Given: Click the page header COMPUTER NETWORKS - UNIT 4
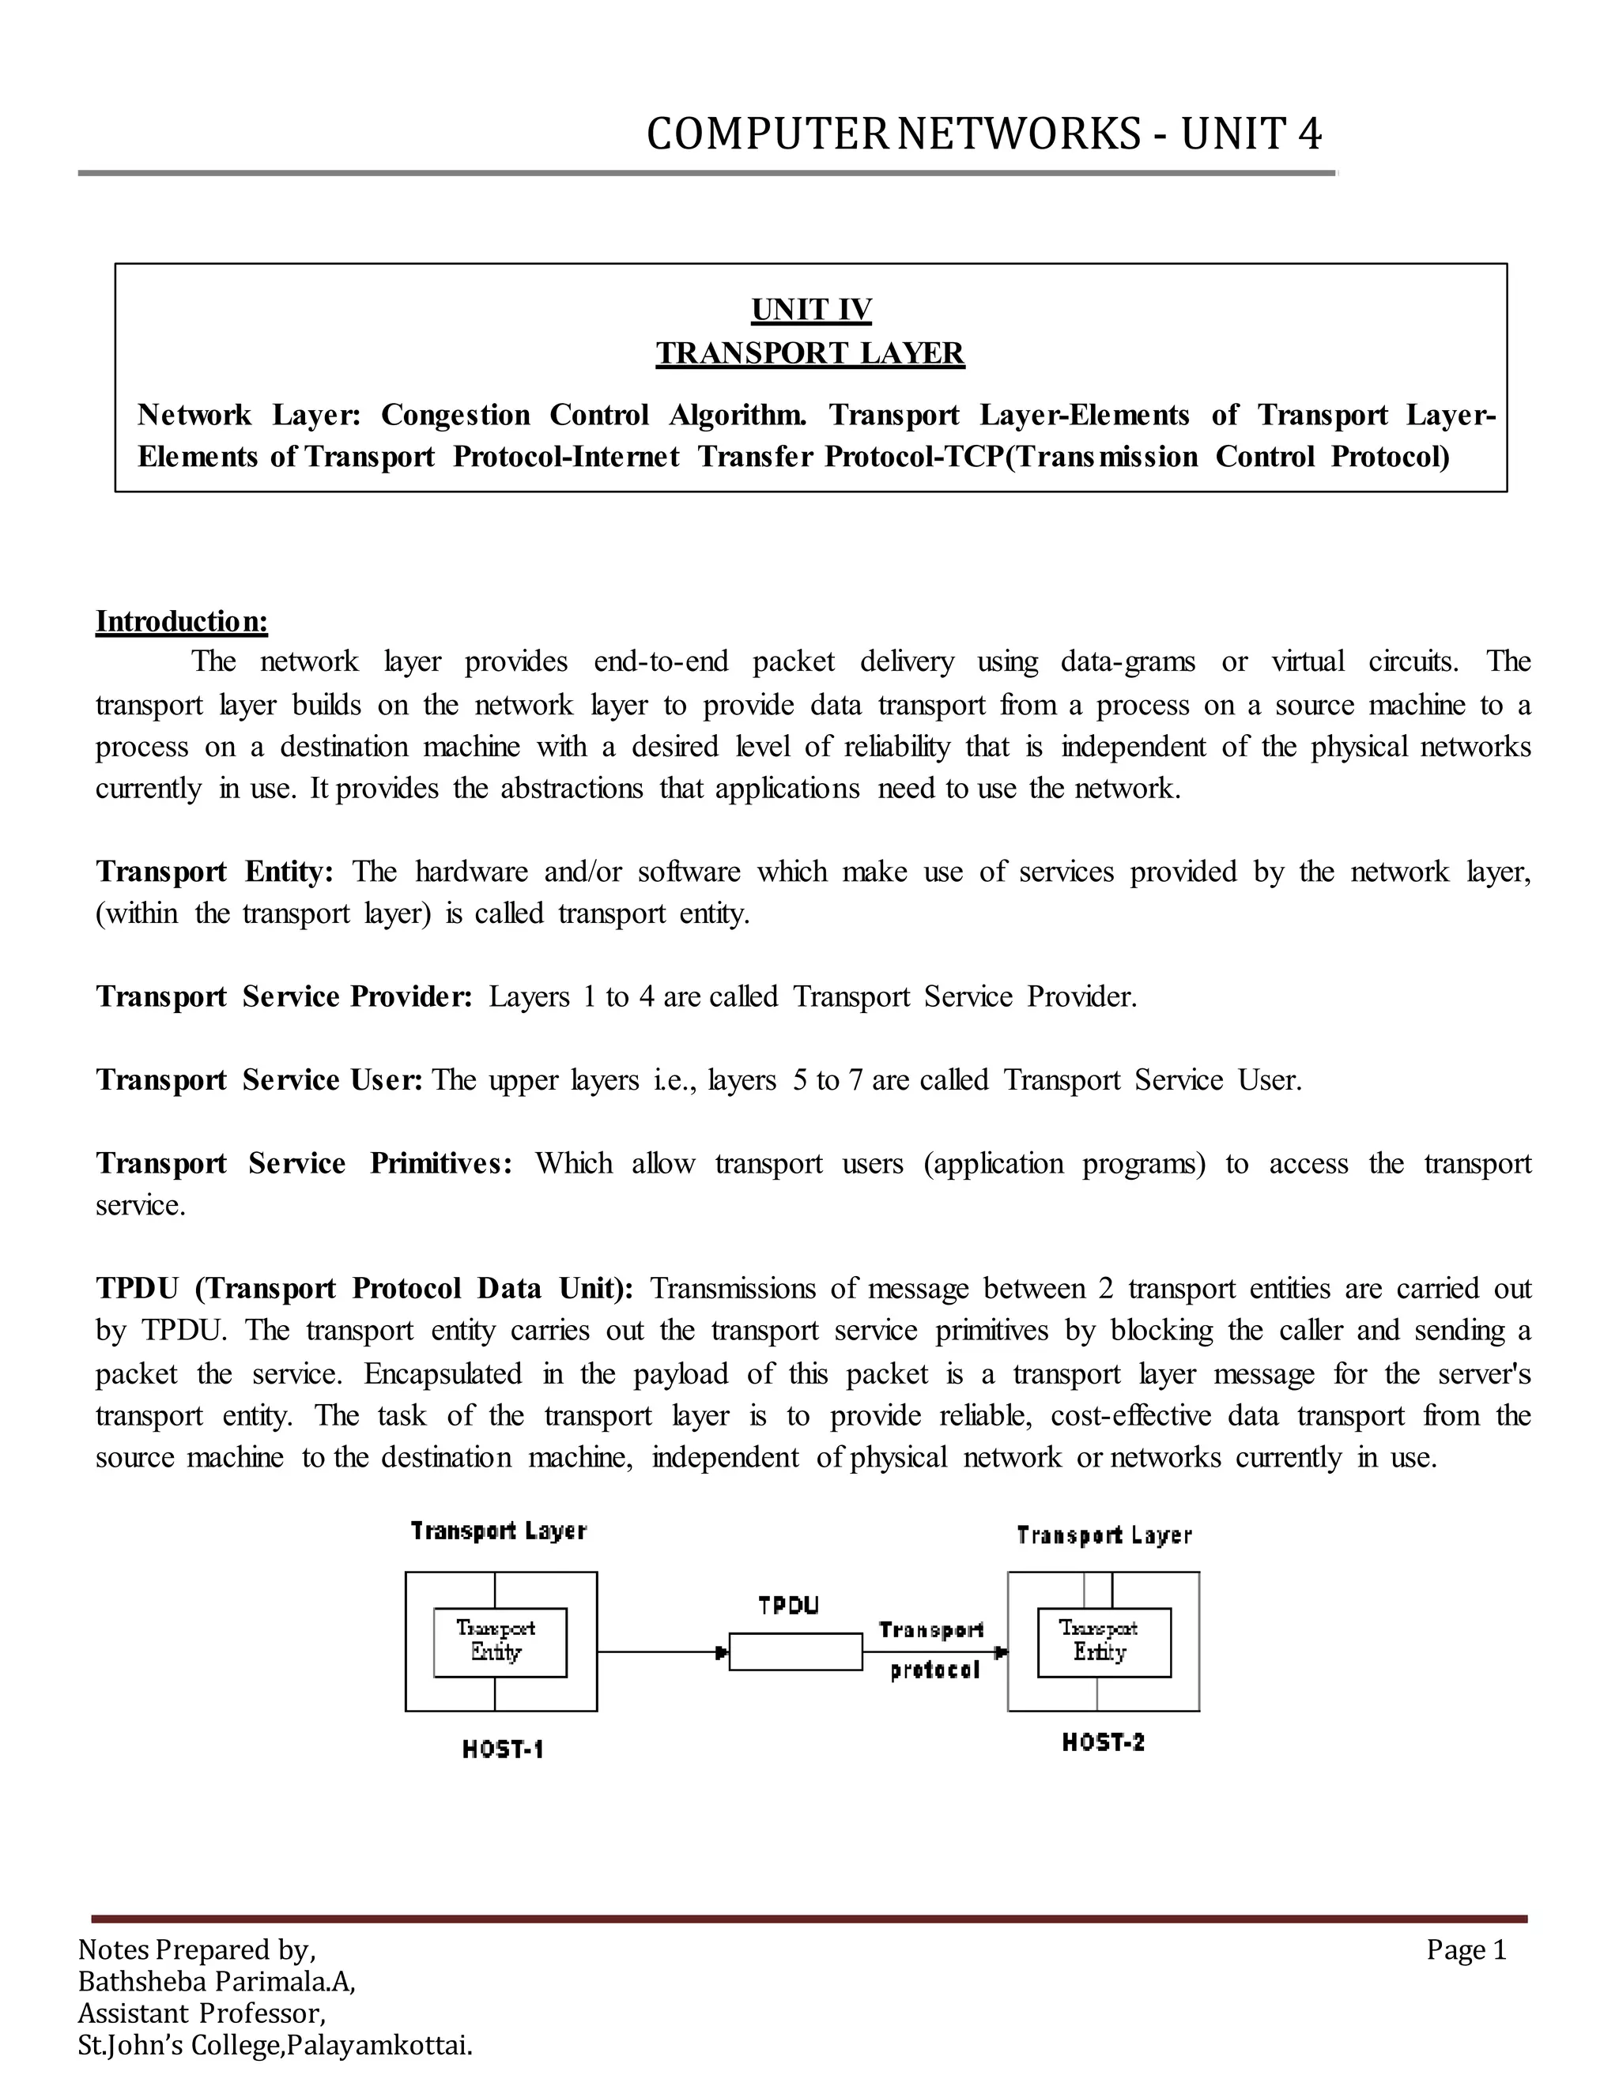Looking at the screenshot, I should (983, 134).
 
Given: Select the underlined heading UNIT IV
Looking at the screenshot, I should (810, 310).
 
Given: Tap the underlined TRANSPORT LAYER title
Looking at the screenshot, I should (810, 354).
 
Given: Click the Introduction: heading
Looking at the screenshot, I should (181, 621).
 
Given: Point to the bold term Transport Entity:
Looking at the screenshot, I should (214, 872).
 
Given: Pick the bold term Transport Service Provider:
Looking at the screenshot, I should (284, 997).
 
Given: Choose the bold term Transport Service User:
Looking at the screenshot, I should (259, 1080).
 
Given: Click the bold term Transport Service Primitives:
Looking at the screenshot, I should (304, 1164).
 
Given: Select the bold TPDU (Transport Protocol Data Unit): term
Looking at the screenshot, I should (364, 1289).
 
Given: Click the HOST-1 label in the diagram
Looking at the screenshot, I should (503, 1749).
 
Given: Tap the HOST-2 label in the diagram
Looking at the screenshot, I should (1103, 1742).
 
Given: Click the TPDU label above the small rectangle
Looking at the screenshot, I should (788, 1606).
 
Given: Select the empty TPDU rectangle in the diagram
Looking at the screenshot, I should (795, 1652).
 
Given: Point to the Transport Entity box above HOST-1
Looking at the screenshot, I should (500, 1643).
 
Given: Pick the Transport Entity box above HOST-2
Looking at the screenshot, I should (1104, 1643).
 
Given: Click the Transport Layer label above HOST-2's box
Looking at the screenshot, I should (1104, 1536).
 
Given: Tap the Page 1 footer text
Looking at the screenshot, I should (1466, 1950).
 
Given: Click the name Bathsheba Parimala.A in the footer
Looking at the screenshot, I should (217, 1981).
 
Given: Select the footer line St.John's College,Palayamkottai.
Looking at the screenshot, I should (275, 2046).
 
